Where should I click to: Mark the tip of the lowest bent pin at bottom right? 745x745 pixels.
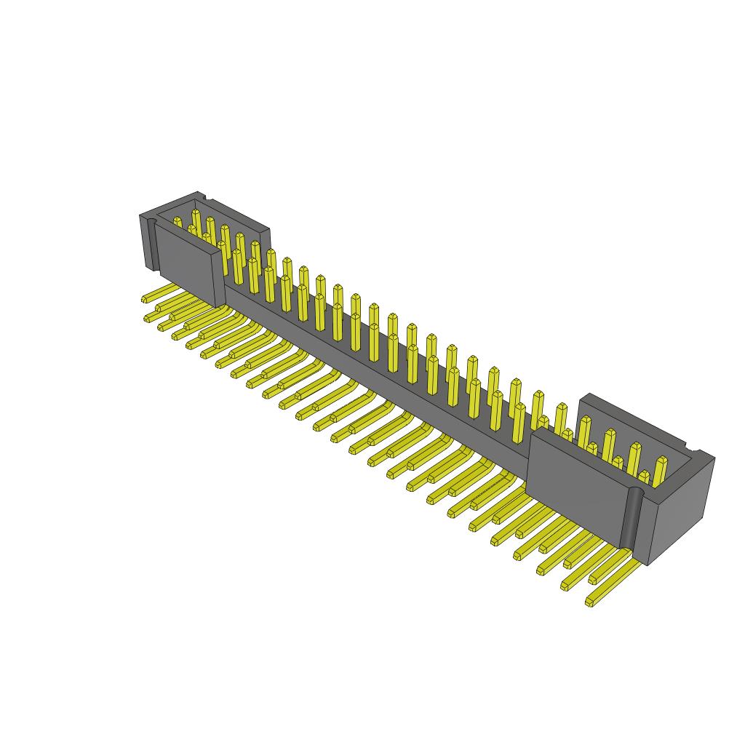(589, 602)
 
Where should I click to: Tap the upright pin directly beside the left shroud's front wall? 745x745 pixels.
(237, 266)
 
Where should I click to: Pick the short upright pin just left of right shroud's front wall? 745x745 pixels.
(519, 429)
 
